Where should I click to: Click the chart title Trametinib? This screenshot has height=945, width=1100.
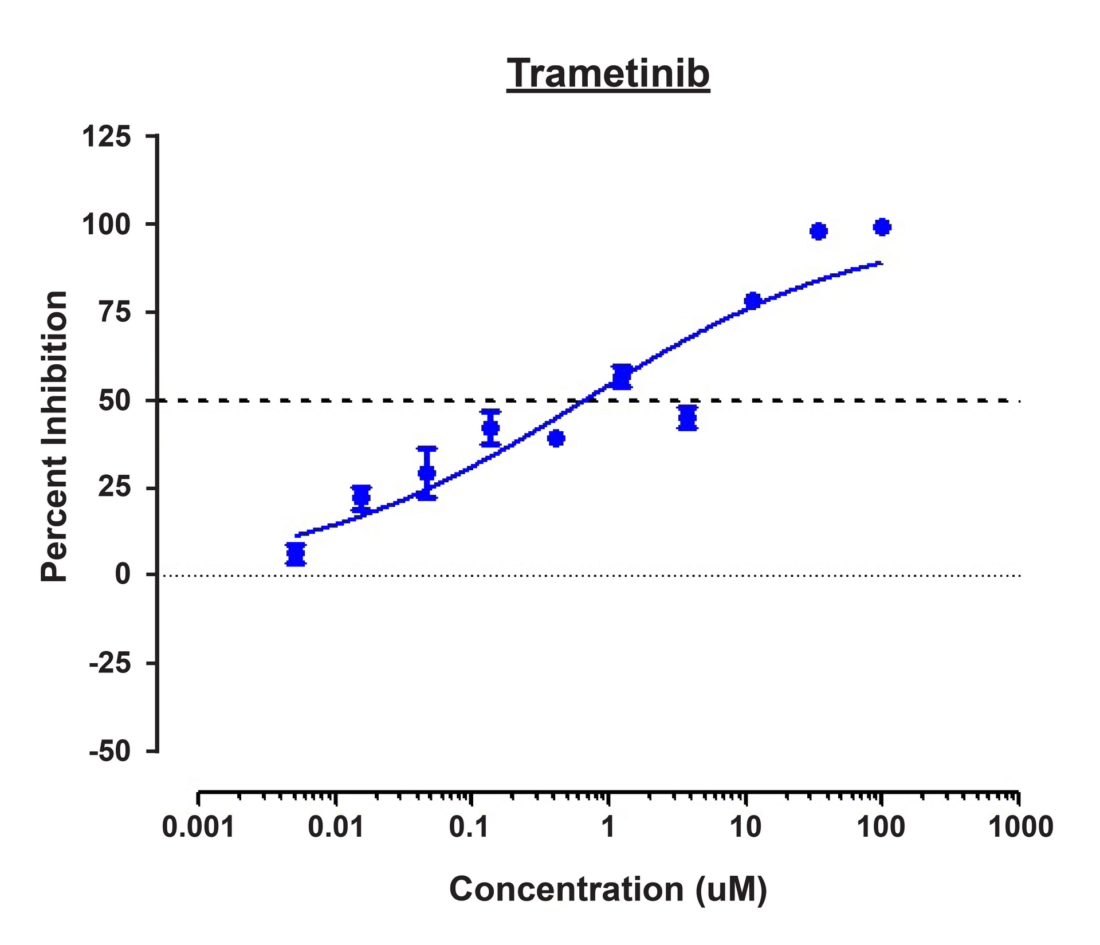pos(608,74)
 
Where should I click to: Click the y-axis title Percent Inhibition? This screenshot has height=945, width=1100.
pos(54,436)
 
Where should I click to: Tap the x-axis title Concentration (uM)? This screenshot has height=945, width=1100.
pos(608,889)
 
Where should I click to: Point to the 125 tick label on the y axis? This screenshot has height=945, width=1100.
pos(107,137)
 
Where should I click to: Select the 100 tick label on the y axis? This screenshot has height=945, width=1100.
pos(107,225)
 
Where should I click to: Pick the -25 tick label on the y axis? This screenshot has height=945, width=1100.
pos(110,664)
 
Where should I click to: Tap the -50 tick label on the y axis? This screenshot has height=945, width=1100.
pos(110,752)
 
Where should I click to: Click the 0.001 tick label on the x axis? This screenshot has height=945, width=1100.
pos(198,828)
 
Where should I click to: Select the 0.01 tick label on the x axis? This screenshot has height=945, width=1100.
pos(336,828)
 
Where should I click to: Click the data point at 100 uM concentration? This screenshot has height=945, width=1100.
pos(882,227)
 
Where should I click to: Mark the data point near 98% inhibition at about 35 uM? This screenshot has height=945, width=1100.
pos(819,231)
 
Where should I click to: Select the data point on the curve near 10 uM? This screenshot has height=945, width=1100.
pos(753,301)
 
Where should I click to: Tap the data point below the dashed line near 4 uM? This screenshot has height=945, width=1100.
pos(687,418)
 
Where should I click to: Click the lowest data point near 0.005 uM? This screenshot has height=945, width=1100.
pos(296,554)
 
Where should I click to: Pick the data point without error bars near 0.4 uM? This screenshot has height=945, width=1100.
pos(556,439)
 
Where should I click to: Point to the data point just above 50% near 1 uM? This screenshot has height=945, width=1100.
pos(622,377)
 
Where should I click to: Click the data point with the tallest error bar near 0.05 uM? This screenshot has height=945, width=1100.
pos(427,473)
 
